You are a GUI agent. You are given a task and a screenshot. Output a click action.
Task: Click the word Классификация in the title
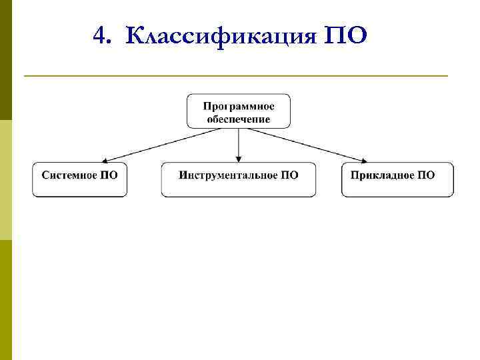pos(221,35)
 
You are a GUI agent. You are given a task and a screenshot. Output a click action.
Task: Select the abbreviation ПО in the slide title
pos(345,35)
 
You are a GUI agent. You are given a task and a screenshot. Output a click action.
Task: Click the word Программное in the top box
pos(238,106)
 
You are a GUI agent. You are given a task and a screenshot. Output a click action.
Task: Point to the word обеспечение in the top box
pos(238,119)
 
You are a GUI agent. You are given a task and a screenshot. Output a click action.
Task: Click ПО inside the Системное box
pos(109,175)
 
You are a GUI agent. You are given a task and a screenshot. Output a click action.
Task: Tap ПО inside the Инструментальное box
pos(288,175)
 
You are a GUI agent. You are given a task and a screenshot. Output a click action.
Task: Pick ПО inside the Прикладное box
pos(426,175)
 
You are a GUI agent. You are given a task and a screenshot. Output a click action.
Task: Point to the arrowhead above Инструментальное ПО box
pos(239,159)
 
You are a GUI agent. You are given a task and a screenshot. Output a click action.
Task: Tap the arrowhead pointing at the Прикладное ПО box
pos(363,160)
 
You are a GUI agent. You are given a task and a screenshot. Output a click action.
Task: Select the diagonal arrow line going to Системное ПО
pos(163,144)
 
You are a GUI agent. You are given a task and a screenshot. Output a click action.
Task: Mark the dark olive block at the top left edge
pos(5,60)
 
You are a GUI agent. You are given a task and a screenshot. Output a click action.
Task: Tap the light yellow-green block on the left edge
pos(5,180)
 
